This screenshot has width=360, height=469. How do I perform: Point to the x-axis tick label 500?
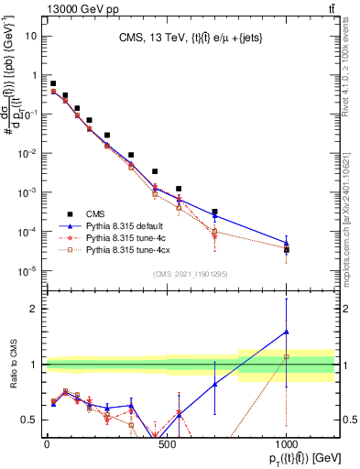pos(166,443)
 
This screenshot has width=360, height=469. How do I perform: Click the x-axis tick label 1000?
pos(286,443)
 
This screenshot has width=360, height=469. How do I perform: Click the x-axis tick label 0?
pos(47,443)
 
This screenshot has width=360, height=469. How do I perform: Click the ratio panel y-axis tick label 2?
pos(35,309)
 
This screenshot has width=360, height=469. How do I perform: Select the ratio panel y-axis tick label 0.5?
pos(31,420)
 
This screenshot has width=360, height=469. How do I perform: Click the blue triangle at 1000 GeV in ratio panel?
pos(287,332)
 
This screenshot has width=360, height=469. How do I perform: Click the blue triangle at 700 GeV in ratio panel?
pos(214,385)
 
